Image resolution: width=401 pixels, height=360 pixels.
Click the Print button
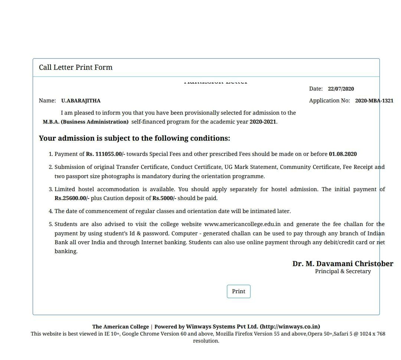(238, 291)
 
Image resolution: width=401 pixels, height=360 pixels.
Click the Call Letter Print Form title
(75, 67)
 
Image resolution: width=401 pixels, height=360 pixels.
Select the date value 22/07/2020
(341, 89)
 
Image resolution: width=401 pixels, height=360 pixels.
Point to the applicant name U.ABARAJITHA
(81, 101)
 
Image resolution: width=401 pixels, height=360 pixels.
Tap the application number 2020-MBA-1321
(374, 101)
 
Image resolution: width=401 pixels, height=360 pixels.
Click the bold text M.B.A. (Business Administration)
(86, 122)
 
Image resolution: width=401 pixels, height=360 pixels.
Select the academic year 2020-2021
(263, 122)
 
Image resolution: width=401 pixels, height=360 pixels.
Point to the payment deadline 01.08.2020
(343, 154)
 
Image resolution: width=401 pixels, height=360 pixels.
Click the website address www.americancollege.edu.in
(242, 224)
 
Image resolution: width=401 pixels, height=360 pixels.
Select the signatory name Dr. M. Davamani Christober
(343, 264)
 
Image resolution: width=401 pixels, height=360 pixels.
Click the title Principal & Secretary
(343, 271)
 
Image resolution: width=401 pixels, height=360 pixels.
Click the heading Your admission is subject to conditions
(134, 138)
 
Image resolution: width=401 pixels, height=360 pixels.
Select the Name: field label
(47, 101)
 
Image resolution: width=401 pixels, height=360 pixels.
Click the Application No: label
(329, 101)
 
